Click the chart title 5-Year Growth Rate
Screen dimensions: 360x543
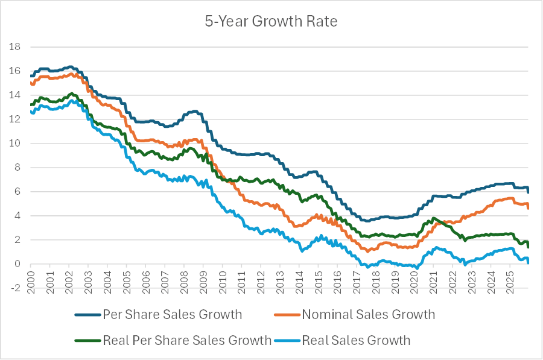(271, 22)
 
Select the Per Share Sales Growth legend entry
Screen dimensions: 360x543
(172, 314)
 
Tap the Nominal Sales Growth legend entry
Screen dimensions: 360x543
(368, 314)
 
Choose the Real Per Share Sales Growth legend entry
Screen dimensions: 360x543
(187, 340)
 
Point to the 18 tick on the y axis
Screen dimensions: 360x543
(14, 47)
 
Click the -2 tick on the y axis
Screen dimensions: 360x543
(14, 288)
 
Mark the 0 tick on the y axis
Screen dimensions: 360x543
(17, 264)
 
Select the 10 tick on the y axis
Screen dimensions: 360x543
(14, 144)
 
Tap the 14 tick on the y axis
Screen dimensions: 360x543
(14, 95)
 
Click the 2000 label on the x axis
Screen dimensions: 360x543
(30, 278)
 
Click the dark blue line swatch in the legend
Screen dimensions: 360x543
(87, 314)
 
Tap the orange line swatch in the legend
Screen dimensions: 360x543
(287, 314)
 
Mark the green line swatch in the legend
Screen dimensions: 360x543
(87, 340)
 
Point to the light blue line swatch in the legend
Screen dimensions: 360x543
(287, 340)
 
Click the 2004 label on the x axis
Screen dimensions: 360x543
(107, 278)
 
